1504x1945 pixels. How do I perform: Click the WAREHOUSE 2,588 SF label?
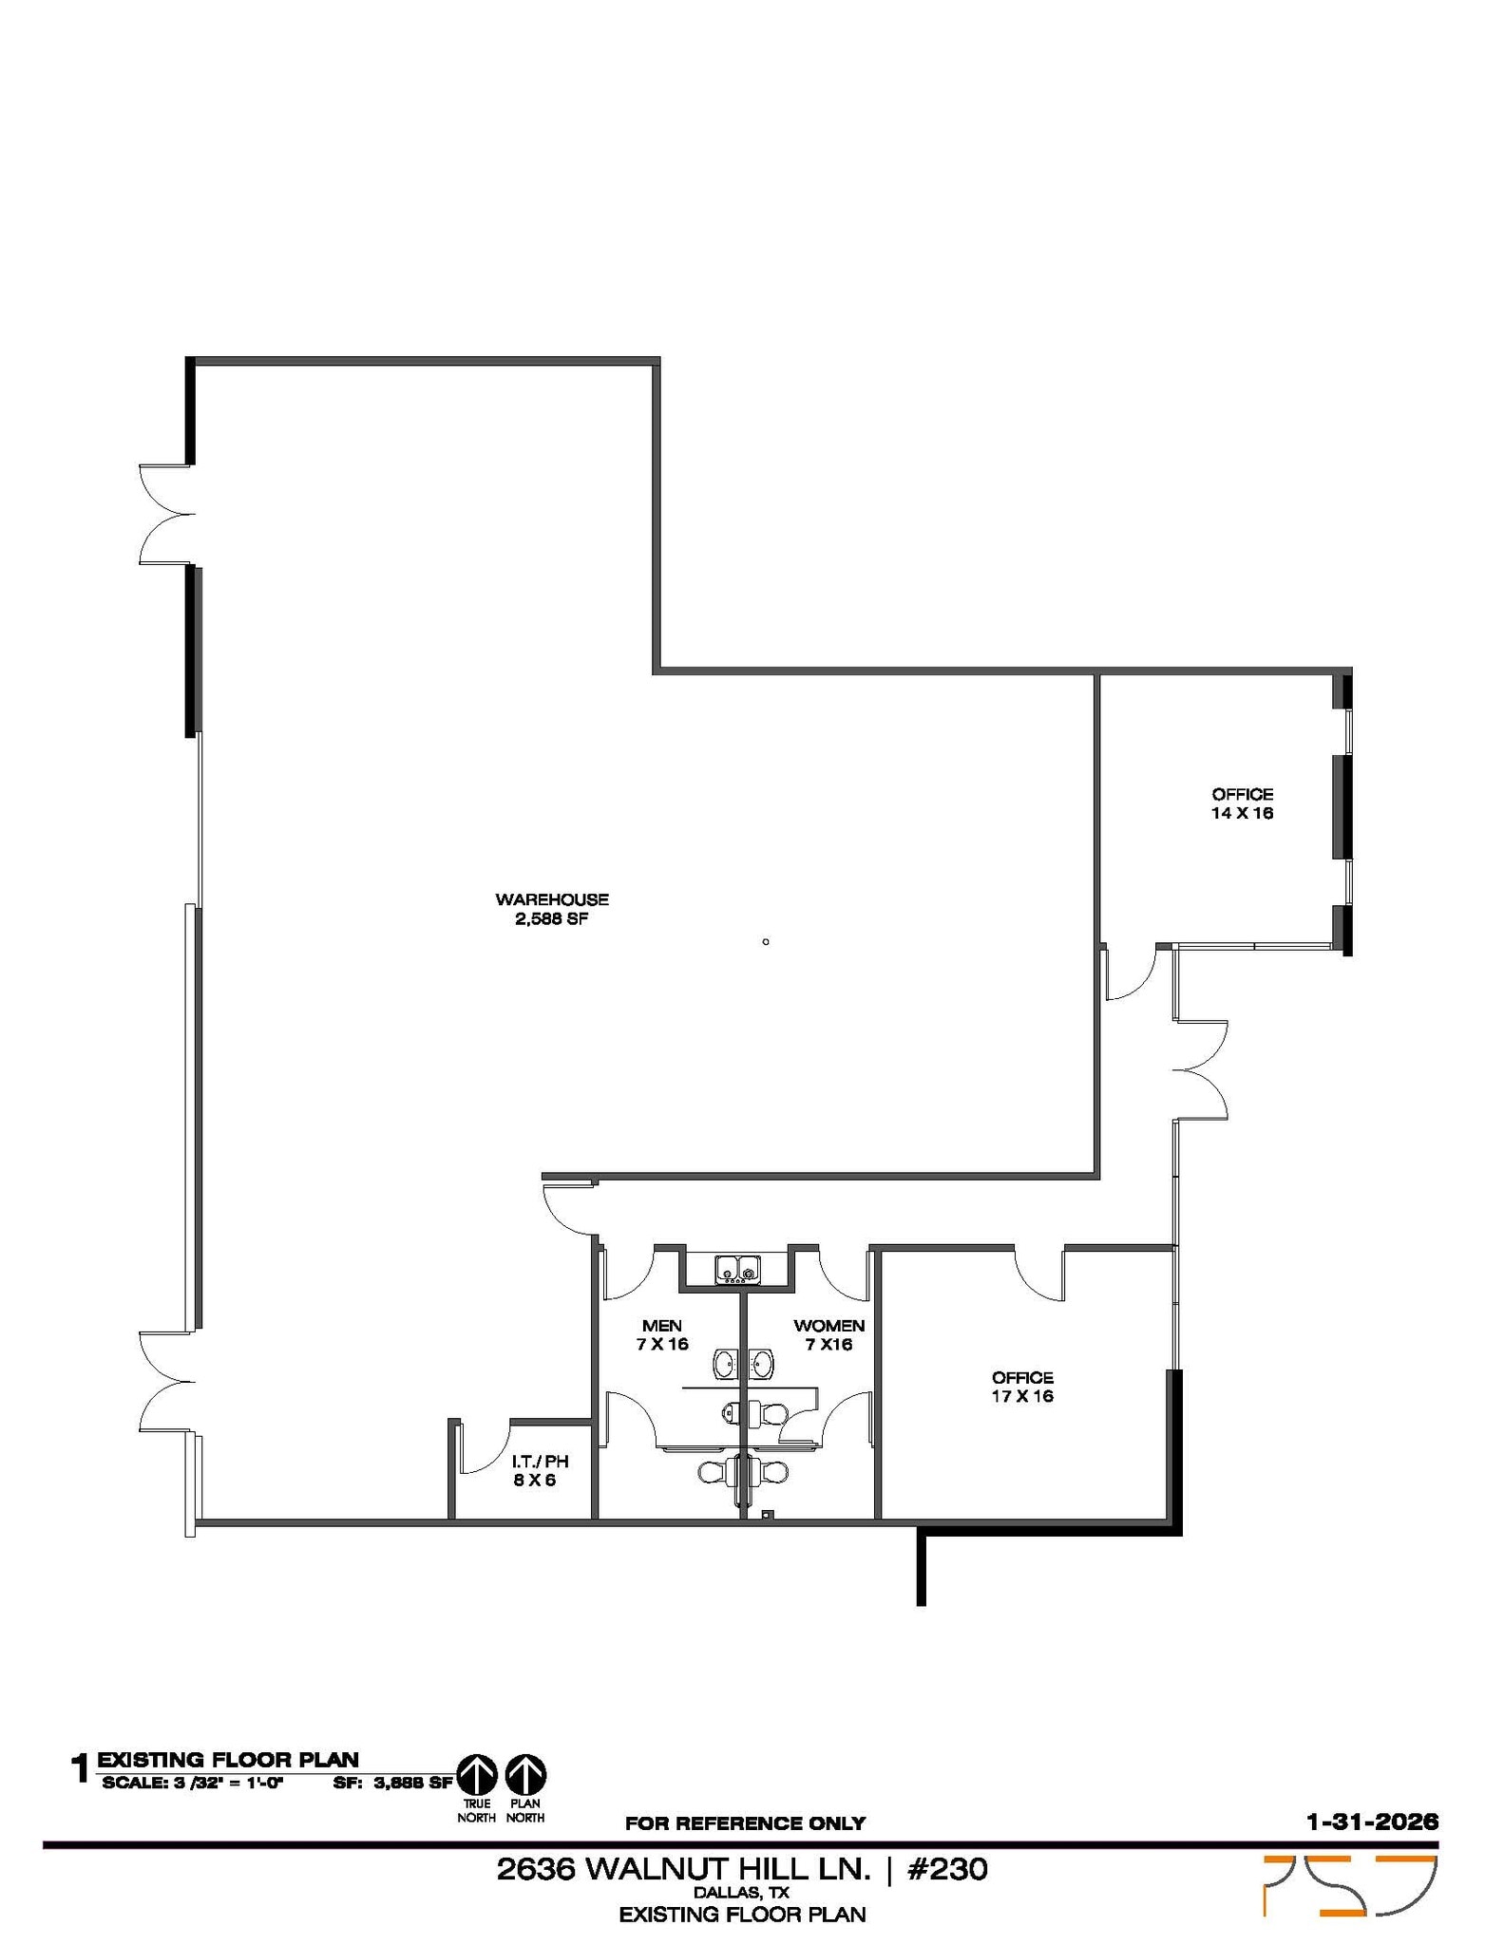click(551, 909)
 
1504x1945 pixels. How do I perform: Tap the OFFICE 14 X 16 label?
click(1242, 803)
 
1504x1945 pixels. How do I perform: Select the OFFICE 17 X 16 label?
click(1022, 1387)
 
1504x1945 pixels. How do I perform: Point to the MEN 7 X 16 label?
click(662, 1334)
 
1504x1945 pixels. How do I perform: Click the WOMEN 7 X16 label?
click(828, 1334)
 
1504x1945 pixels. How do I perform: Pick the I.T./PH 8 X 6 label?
click(540, 1470)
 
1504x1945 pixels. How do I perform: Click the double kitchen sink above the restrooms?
click(737, 1269)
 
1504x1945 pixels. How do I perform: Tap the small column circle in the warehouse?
click(766, 942)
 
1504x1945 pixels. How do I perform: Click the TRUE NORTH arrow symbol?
click(477, 1774)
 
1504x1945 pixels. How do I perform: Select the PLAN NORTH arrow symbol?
click(525, 1774)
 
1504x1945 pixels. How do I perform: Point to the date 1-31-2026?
click(1372, 1822)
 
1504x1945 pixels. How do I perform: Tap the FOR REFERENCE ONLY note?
click(745, 1823)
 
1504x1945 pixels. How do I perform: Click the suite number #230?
click(947, 1869)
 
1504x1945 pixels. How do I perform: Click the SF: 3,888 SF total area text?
click(392, 1783)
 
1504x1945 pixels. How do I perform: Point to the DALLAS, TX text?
click(742, 1893)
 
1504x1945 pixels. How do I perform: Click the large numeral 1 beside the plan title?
click(81, 1769)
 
